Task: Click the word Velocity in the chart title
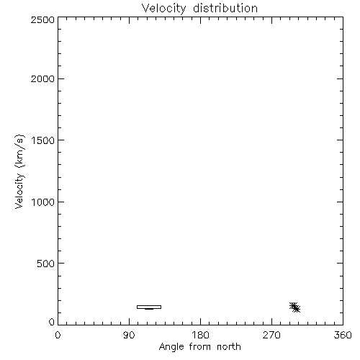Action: pyautogui.click(x=163, y=9)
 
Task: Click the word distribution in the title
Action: pyautogui.click(x=225, y=8)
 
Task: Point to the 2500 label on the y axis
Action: pyautogui.click(x=42, y=19)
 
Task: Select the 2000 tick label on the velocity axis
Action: pyautogui.click(x=42, y=78)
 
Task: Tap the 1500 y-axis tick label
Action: pyautogui.click(x=43, y=140)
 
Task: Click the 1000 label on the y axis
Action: pyautogui.click(x=43, y=202)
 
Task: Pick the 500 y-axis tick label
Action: pyautogui.click(x=46, y=264)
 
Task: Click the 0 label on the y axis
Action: pyautogui.click(x=52, y=322)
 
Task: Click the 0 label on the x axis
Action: pyautogui.click(x=58, y=335)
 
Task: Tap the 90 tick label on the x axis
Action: pyautogui.click(x=129, y=335)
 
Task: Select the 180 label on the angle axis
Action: pyautogui.click(x=200, y=335)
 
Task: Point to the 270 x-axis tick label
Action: pyautogui.click(x=271, y=335)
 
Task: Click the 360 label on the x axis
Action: pyautogui.click(x=343, y=335)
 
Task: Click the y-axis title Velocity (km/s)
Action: pyautogui.click(x=19, y=171)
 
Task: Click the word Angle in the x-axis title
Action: pyautogui.click(x=171, y=347)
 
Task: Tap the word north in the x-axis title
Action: pyautogui.click(x=229, y=346)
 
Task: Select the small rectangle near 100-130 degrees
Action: pyautogui.click(x=149, y=305)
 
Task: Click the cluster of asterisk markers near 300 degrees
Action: pyautogui.click(x=294, y=307)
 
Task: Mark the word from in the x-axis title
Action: pyautogui.click(x=200, y=346)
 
